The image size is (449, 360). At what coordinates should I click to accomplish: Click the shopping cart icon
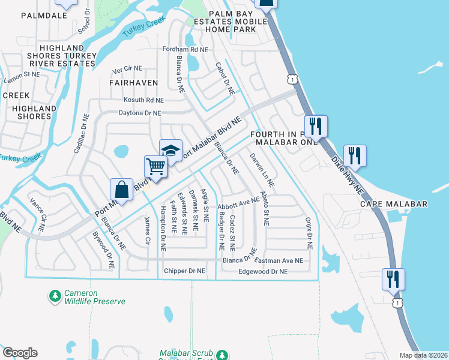[x=155, y=166]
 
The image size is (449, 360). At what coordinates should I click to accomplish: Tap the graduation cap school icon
[x=170, y=150]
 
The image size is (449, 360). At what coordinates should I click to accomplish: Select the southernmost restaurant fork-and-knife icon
[x=393, y=279]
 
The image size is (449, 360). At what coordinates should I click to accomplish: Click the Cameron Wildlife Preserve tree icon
[x=55, y=296]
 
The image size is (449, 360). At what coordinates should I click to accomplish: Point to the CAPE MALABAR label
[x=394, y=204]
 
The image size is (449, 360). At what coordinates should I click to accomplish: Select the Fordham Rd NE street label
[x=185, y=50]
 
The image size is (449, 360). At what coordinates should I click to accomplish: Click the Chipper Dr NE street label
[x=184, y=271]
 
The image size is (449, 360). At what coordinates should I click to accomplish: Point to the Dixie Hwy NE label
[x=348, y=175]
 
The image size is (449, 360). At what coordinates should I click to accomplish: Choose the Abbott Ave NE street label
[x=238, y=204]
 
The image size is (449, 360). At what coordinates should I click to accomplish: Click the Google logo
[x=20, y=353]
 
